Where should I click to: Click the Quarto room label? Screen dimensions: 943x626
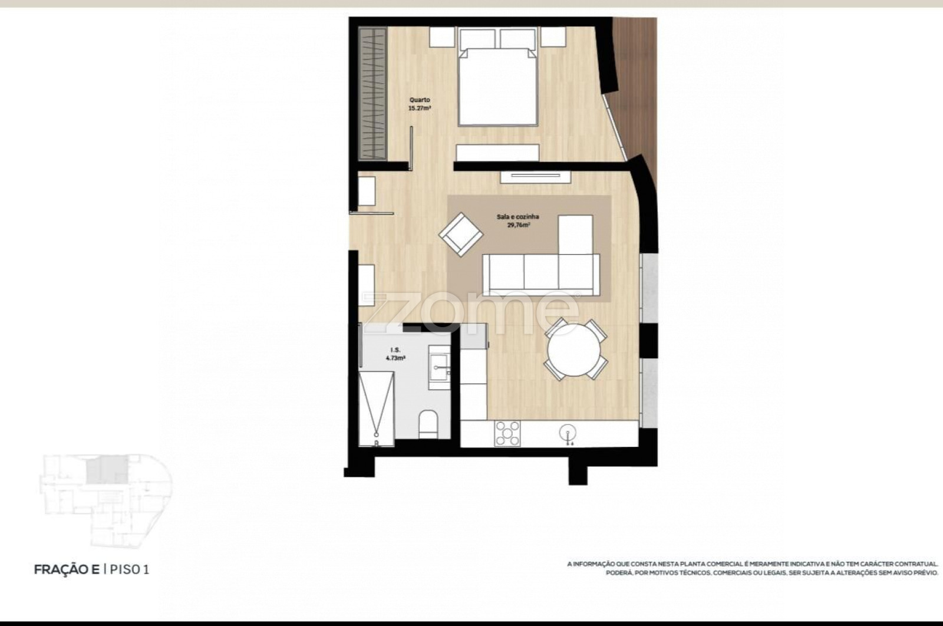coord(420,100)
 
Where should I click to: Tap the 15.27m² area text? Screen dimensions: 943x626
coord(419,108)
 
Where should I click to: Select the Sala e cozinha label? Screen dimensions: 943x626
coord(518,217)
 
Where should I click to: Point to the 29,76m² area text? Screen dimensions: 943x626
coord(518,225)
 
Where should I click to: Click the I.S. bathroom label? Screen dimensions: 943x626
coord(395,350)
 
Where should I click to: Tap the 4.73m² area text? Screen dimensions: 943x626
coord(395,358)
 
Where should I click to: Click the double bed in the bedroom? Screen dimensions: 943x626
coord(498,77)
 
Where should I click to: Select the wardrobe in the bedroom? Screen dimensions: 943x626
coord(372,94)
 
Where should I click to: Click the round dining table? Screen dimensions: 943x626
coord(574,350)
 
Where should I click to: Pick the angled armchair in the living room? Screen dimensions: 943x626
coord(460,235)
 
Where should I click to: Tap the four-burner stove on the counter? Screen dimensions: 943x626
coord(507,433)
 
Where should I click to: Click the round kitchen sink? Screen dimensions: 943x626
coord(568,433)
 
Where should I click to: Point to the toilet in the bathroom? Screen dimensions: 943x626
coord(428,424)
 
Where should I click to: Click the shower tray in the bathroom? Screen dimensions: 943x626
coord(377,408)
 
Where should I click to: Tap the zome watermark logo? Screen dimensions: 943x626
coord(471,312)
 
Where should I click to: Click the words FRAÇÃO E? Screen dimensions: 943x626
coord(67,569)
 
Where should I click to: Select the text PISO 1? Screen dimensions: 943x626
coord(130,569)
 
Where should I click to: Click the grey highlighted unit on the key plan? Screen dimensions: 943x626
coord(107,471)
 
